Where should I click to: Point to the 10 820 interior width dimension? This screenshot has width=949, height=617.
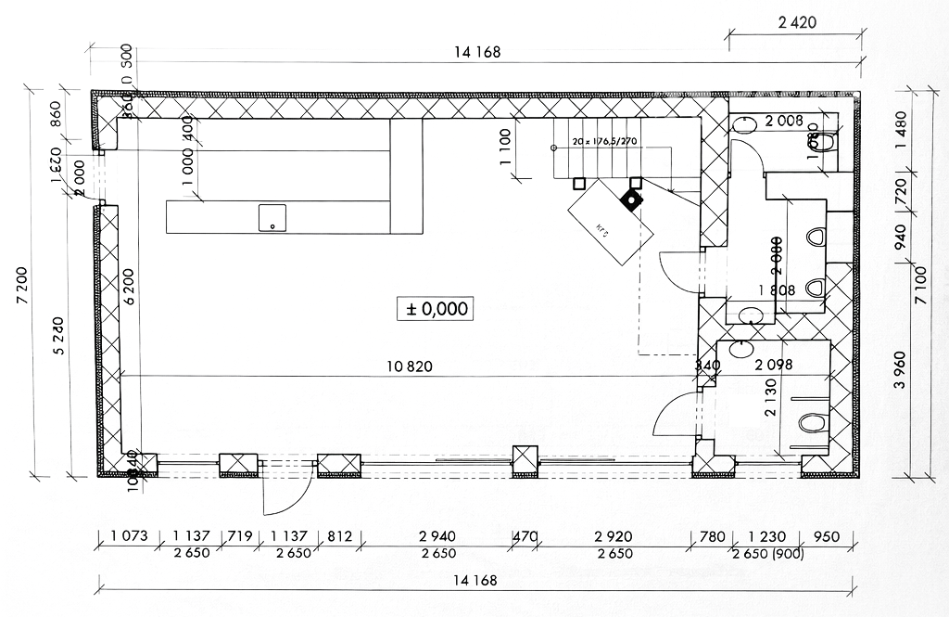(x=410, y=366)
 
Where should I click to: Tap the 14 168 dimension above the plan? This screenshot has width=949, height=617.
(x=477, y=52)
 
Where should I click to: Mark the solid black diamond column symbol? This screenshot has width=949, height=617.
(x=632, y=199)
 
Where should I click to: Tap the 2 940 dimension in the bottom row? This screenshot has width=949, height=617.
(x=437, y=537)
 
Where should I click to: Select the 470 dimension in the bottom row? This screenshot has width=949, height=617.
(x=525, y=537)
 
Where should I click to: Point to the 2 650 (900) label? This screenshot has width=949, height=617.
(x=768, y=554)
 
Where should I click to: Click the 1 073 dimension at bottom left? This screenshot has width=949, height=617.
(x=129, y=537)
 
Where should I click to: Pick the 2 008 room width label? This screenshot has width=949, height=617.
(x=784, y=120)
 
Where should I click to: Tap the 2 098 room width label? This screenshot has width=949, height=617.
(x=775, y=366)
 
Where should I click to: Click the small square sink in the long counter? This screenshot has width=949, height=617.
(x=272, y=218)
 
